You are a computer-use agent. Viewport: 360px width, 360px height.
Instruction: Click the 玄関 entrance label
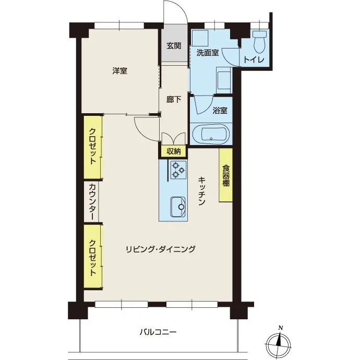click(174, 46)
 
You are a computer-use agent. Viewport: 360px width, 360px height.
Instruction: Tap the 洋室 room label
click(120, 71)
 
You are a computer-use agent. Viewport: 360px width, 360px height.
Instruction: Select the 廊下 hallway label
click(174, 100)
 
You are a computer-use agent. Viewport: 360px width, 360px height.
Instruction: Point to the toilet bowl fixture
click(259, 41)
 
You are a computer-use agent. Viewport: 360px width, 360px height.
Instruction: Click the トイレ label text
click(254, 60)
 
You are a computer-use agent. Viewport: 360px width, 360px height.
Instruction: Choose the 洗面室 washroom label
click(208, 53)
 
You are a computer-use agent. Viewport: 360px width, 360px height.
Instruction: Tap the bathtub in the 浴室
click(211, 134)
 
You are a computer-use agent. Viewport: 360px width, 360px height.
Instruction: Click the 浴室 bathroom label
click(220, 111)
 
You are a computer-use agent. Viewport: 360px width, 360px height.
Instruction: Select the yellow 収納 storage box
click(174, 151)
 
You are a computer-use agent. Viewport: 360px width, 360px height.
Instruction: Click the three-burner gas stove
click(178, 170)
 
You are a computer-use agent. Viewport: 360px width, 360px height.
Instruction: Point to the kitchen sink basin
click(178, 207)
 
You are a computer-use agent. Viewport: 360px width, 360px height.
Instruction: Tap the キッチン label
click(201, 190)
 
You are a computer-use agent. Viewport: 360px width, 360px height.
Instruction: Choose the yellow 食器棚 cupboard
click(226, 175)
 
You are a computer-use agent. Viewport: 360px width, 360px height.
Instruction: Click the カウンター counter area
click(91, 201)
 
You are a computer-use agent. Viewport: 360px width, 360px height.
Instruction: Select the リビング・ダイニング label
click(161, 249)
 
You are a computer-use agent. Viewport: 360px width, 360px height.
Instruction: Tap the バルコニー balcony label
click(158, 332)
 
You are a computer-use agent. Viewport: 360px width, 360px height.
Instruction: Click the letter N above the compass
click(280, 328)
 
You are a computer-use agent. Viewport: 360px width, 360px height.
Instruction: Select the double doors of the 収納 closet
click(174, 138)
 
